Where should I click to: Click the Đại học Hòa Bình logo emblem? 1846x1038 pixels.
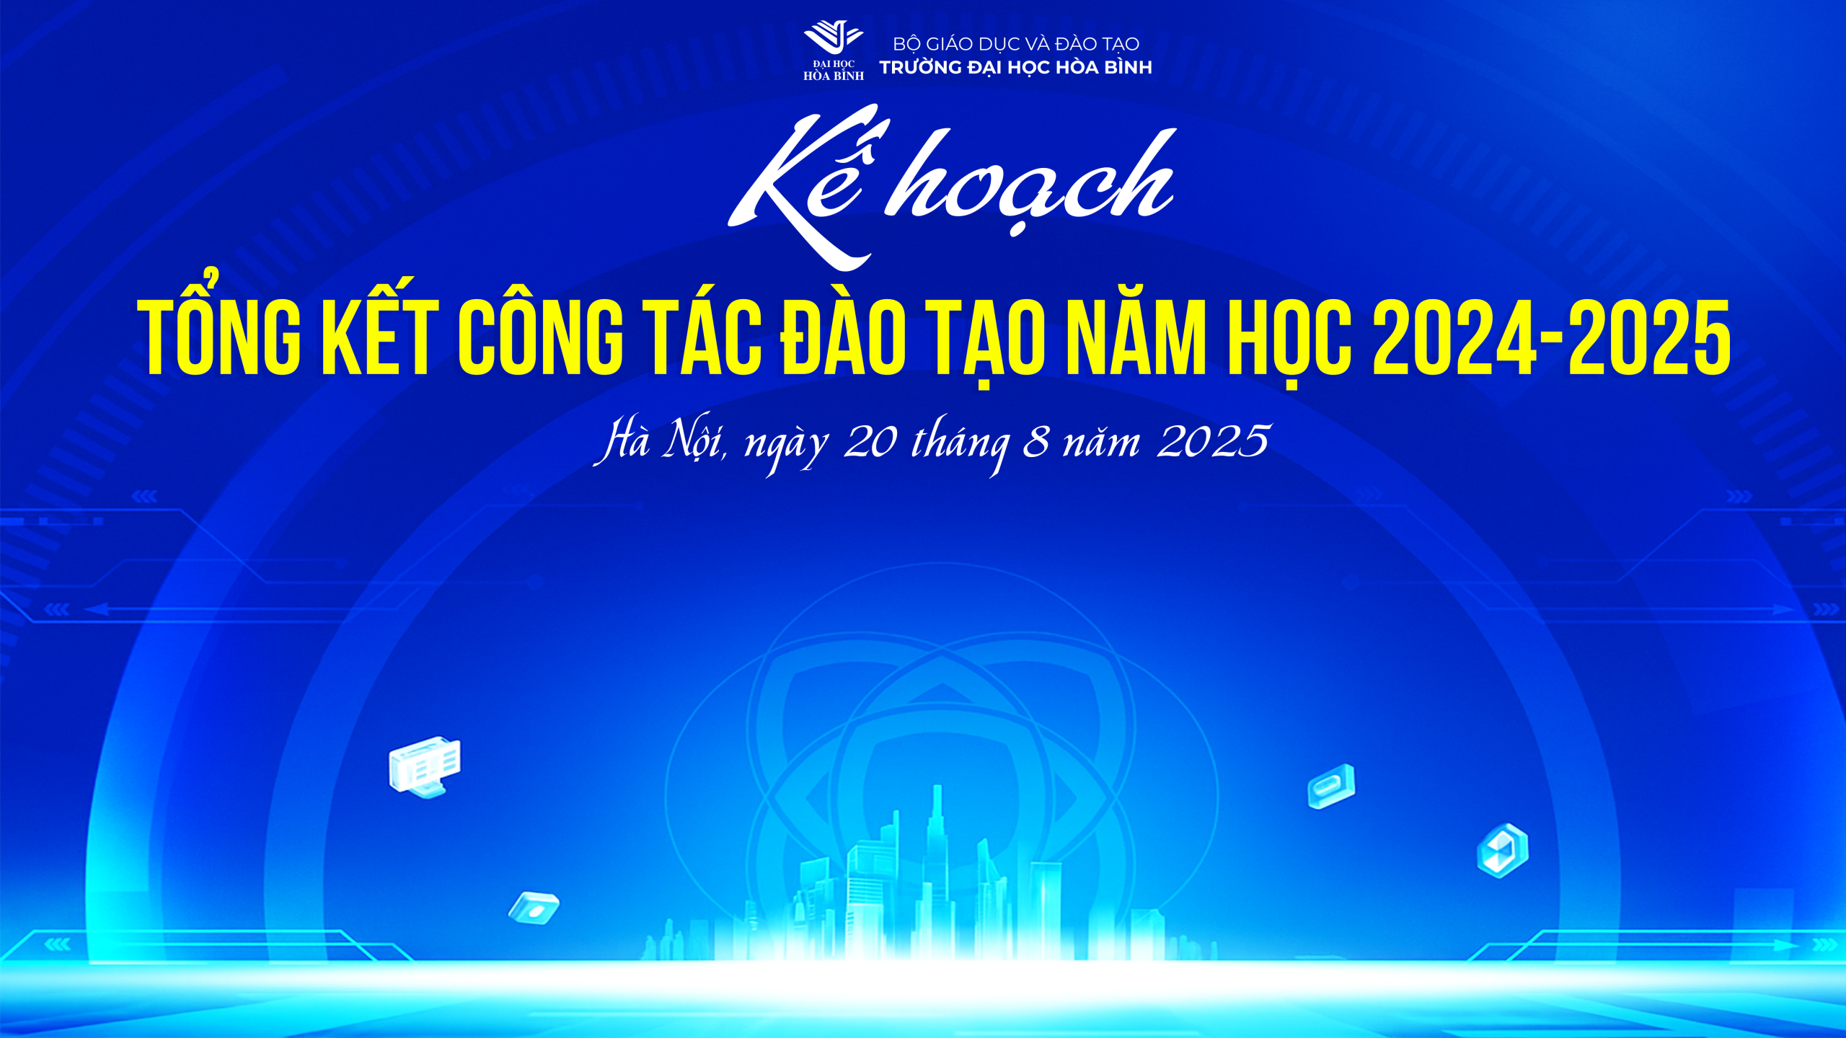click(x=834, y=50)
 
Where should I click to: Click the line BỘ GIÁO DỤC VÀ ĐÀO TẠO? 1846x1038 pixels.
click(x=1016, y=45)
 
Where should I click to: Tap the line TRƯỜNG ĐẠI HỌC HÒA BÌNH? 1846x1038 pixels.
click(x=1015, y=68)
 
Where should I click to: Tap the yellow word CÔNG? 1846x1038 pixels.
click(x=541, y=333)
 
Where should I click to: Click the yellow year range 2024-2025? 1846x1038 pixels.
click(x=1552, y=337)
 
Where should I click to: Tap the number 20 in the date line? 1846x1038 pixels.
click(x=870, y=441)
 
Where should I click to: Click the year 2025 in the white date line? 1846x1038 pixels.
click(x=1214, y=441)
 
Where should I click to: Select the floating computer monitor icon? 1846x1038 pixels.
click(x=425, y=766)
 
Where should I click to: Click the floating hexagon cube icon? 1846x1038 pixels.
click(x=1503, y=851)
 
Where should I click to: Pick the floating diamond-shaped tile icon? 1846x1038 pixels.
click(x=534, y=908)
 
